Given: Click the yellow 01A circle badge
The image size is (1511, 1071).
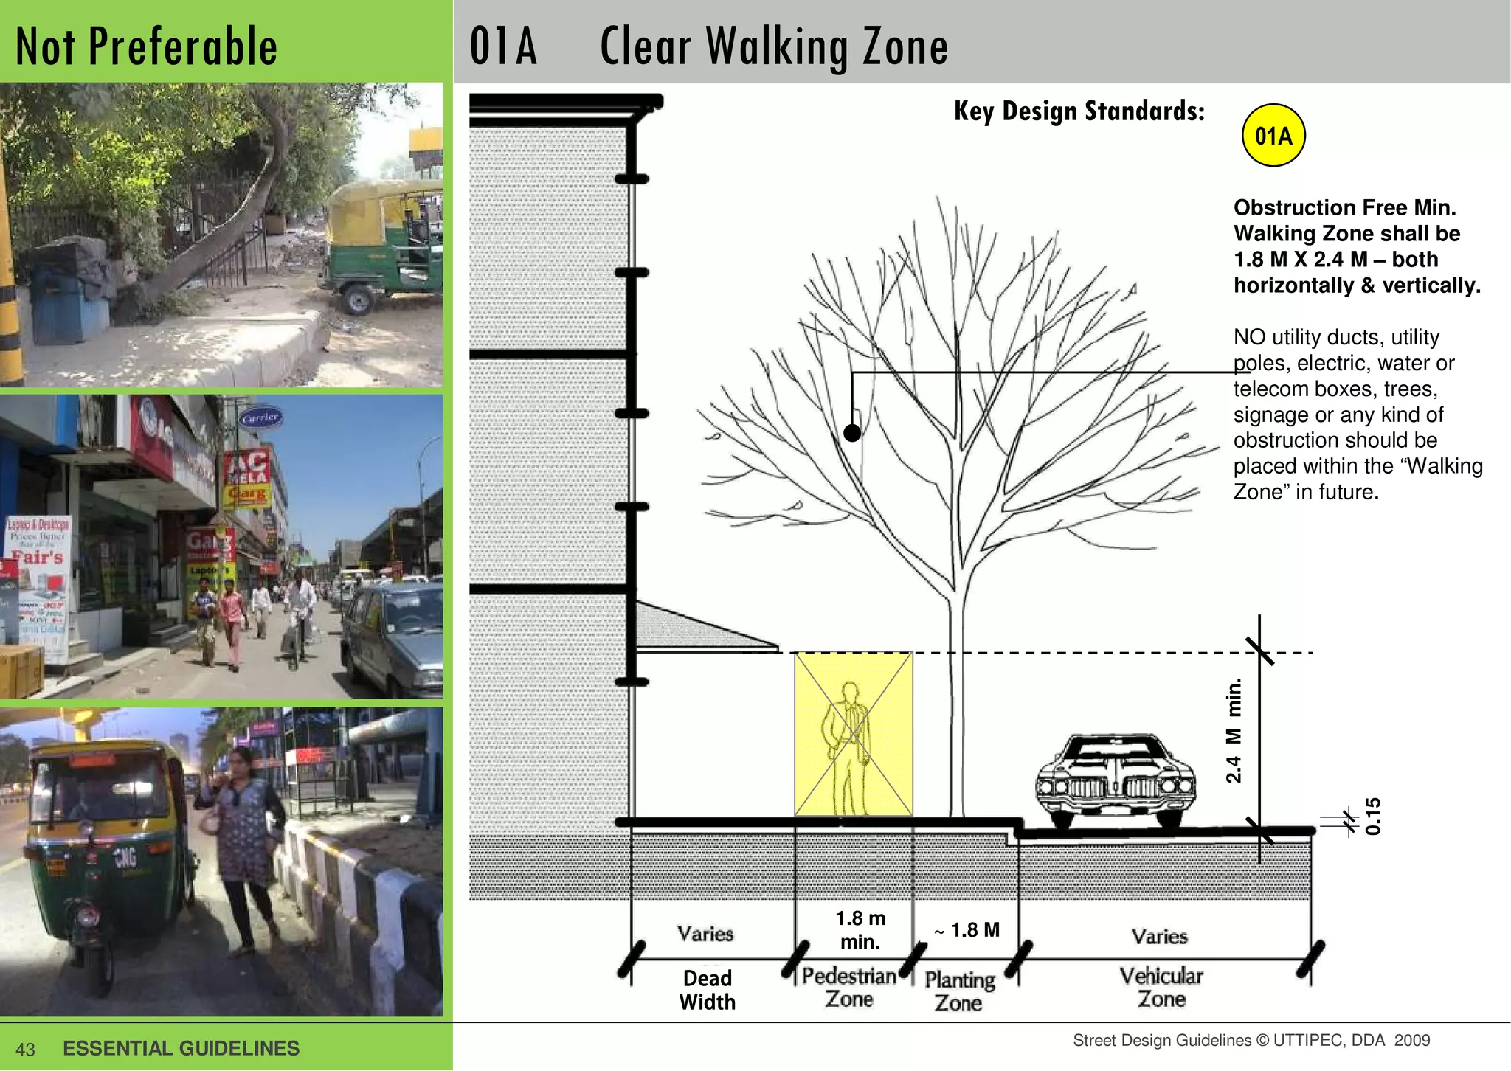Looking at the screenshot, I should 1273,136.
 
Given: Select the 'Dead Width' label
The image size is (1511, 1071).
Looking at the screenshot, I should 707,990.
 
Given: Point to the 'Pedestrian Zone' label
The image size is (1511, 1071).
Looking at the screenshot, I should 848,987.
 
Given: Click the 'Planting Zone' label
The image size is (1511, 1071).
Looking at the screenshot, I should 959,991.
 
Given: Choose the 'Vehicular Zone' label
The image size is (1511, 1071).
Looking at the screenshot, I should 1161,987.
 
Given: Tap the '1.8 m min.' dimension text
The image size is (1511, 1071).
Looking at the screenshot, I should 860,929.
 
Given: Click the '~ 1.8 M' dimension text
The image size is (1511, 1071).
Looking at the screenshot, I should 967,930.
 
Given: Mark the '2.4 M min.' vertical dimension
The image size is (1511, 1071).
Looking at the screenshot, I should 1234,730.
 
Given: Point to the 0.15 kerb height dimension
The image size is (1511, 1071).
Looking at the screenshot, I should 1372,816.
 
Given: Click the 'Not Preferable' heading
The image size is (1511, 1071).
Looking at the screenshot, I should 146,46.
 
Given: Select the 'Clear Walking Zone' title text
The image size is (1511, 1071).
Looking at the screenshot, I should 773,46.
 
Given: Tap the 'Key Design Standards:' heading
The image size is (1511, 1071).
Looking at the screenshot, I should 1079,111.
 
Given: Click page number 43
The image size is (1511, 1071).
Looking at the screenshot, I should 25,1050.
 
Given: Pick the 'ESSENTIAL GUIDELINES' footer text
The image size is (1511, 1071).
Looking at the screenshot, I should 181,1048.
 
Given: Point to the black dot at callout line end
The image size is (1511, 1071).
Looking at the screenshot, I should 852,433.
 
